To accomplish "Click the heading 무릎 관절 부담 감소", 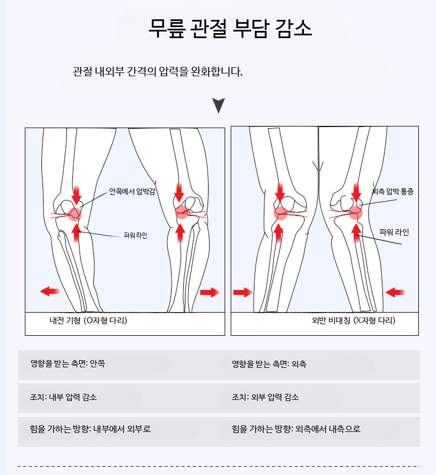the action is pyautogui.click(x=230, y=29).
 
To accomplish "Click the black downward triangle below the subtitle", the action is pyautogui.click(x=219, y=105).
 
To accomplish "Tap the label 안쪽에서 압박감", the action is pyautogui.click(x=132, y=192).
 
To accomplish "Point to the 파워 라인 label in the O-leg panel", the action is pyautogui.click(x=136, y=235).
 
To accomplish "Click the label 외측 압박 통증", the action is pyautogui.click(x=393, y=192).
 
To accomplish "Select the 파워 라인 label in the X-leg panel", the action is pyautogui.click(x=394, y=233).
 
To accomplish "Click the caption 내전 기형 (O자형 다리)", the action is pyautogui.click(x=88, y=320).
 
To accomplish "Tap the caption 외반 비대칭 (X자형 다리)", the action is pyautogui.click(x=354, y=320).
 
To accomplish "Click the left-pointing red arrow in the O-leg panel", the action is pyautogui.click(x=50, y=292).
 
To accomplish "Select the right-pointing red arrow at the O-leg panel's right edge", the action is pyautogui.click(x=210, y=292).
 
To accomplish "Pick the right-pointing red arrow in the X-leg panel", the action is pyautogui.click(x=243, y=292).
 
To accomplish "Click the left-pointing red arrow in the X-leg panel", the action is pyautogui.click(x=395, y=292).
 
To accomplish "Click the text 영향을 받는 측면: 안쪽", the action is pyautogui.click(x=67, y=363).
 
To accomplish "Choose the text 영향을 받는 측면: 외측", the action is pyautogui.click(x=269, y=364).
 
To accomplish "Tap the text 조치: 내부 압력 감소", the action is pyautogui.click(x=63, y=397).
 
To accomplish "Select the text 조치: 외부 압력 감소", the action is pyautogui.click(x=265, y=397).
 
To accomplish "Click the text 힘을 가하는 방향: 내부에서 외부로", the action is pyautogui.click(x=90, y=429).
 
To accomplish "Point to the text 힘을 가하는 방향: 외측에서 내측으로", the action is pyautogui.click(x=296, y=429).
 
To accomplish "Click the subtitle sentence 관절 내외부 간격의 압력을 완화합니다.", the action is pyautogui.click(x=158, y=72).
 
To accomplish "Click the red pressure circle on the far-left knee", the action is pyautogui.click(x=75, y=214).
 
